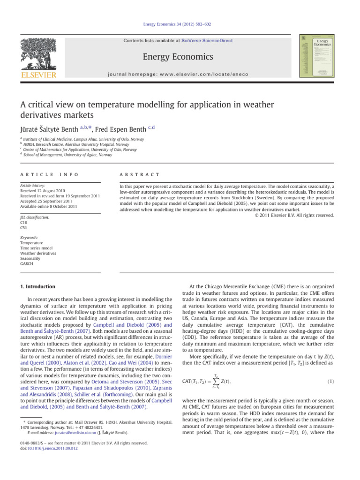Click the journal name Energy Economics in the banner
(x=180, y=57)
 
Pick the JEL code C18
(x=24, y=223)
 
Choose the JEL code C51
(x=24, y=228)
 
